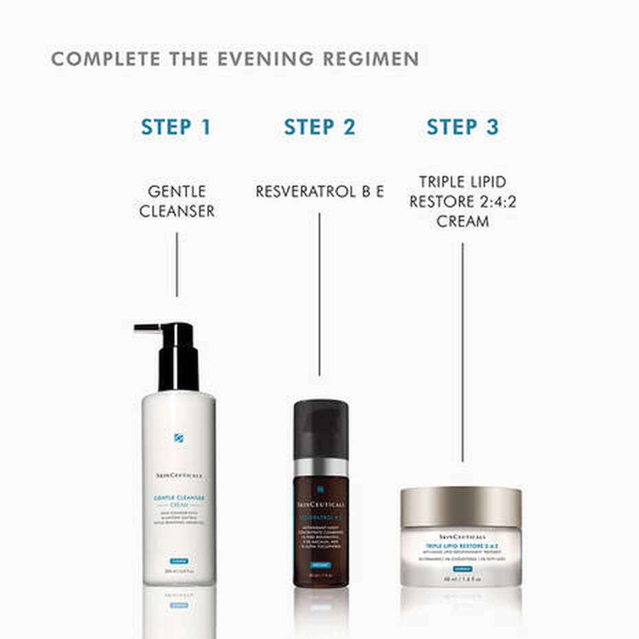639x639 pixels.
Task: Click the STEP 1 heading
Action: pos(176,128)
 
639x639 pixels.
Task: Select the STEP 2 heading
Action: pos(319,128)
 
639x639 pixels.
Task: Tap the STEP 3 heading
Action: pos(462,128)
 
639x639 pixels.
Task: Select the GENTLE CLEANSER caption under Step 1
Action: pos(177,201)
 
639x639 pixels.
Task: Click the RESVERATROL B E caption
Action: pos(319,192)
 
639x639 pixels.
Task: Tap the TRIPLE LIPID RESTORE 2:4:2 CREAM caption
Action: pos(462,201)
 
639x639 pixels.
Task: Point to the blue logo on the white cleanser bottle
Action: pos(179,438)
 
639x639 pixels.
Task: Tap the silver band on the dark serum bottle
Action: pos(320,466)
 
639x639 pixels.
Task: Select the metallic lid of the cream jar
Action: pos(461,507)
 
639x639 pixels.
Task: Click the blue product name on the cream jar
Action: pos(461,547)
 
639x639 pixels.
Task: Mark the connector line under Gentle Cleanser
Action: pos(177,264)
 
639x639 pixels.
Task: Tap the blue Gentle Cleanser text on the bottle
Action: pos(179,500)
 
